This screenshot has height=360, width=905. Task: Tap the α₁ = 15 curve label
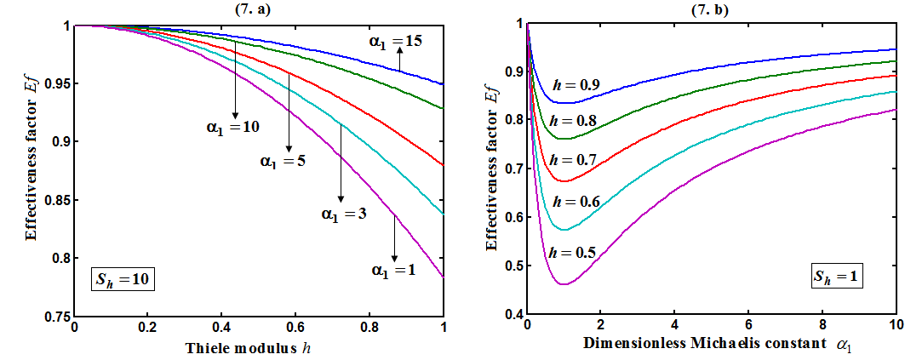pos(396,40)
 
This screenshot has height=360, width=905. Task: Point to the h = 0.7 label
pos(573,160)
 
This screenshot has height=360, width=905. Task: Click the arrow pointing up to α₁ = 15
pos(398,59)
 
